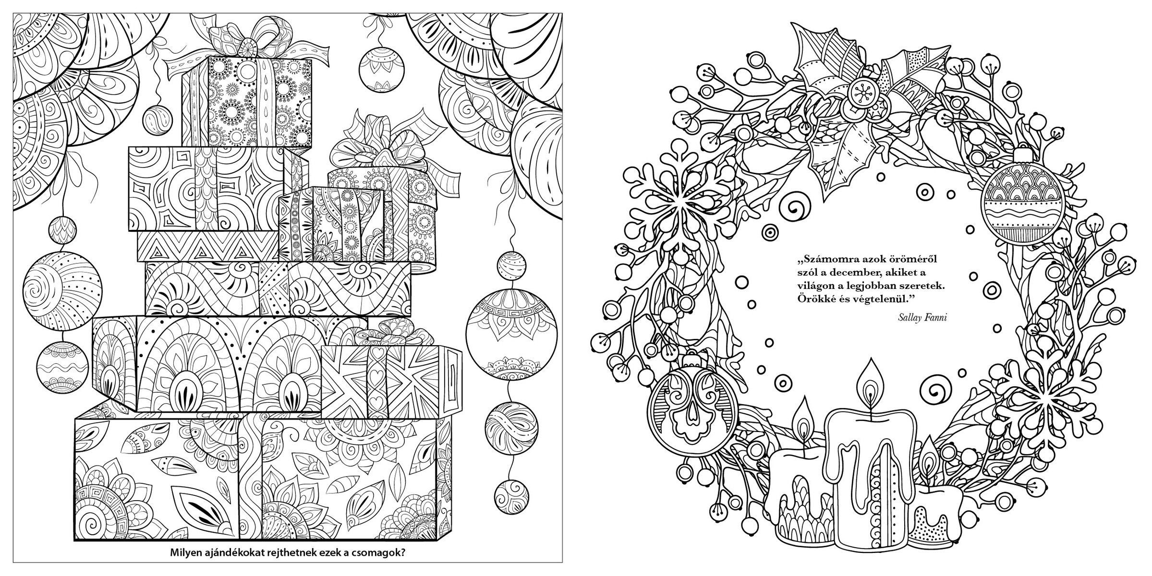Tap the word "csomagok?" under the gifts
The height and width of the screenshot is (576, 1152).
382,552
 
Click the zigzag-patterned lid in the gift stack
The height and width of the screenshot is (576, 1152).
208,247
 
